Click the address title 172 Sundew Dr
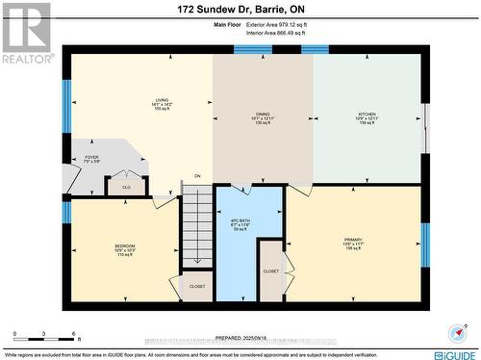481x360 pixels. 240,10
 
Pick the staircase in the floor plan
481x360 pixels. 197,227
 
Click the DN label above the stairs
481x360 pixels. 197,176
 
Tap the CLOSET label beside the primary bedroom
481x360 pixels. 270,271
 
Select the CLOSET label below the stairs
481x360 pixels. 196,287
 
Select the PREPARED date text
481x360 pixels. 240,338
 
